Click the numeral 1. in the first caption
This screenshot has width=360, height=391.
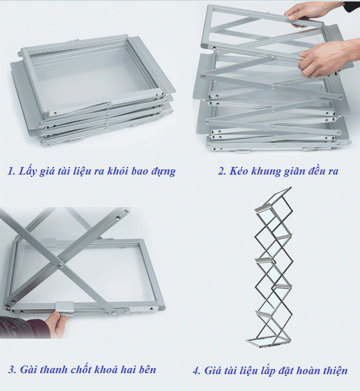12,171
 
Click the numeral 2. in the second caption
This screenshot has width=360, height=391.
222,171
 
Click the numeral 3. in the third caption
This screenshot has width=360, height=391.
12,369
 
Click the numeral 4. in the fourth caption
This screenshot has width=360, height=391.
197,370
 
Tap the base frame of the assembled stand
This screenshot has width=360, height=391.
268,342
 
